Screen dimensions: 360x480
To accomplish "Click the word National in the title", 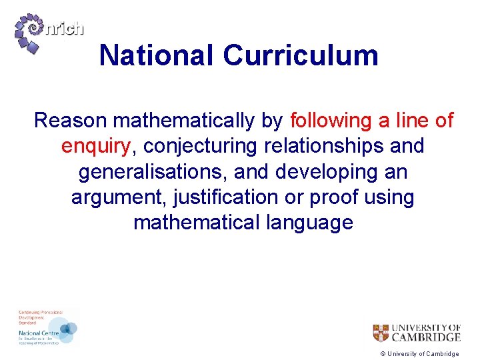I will coord(157,55).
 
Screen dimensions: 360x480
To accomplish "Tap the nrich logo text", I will coord(65,29).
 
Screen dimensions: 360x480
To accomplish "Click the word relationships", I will coord(323,146).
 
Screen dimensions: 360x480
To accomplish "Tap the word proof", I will coord(325,197).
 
